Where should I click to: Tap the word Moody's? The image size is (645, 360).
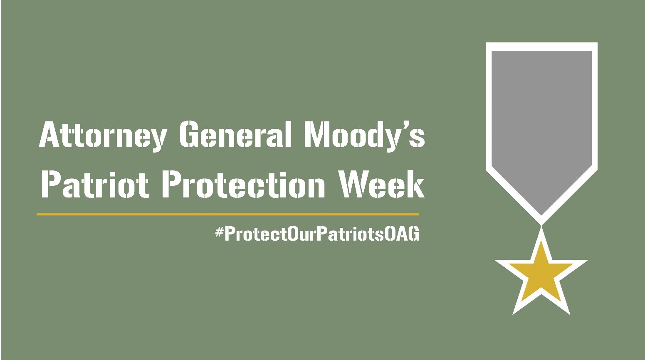(x=365, y=136)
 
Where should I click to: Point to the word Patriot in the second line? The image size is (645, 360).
(x=95, y=184)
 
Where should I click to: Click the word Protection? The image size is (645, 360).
(x=243, y=184)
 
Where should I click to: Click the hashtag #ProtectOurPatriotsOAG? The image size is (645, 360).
(x=317, y=234)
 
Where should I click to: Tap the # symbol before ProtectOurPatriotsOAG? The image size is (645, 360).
(x=220, y=232)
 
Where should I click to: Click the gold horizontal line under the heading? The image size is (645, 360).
(x=228, y=214)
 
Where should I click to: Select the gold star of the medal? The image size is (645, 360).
(x=541, y=274)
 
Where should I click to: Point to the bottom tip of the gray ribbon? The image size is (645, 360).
(x=541, y=215)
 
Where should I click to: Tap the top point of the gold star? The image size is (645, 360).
(x=541, y=241)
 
